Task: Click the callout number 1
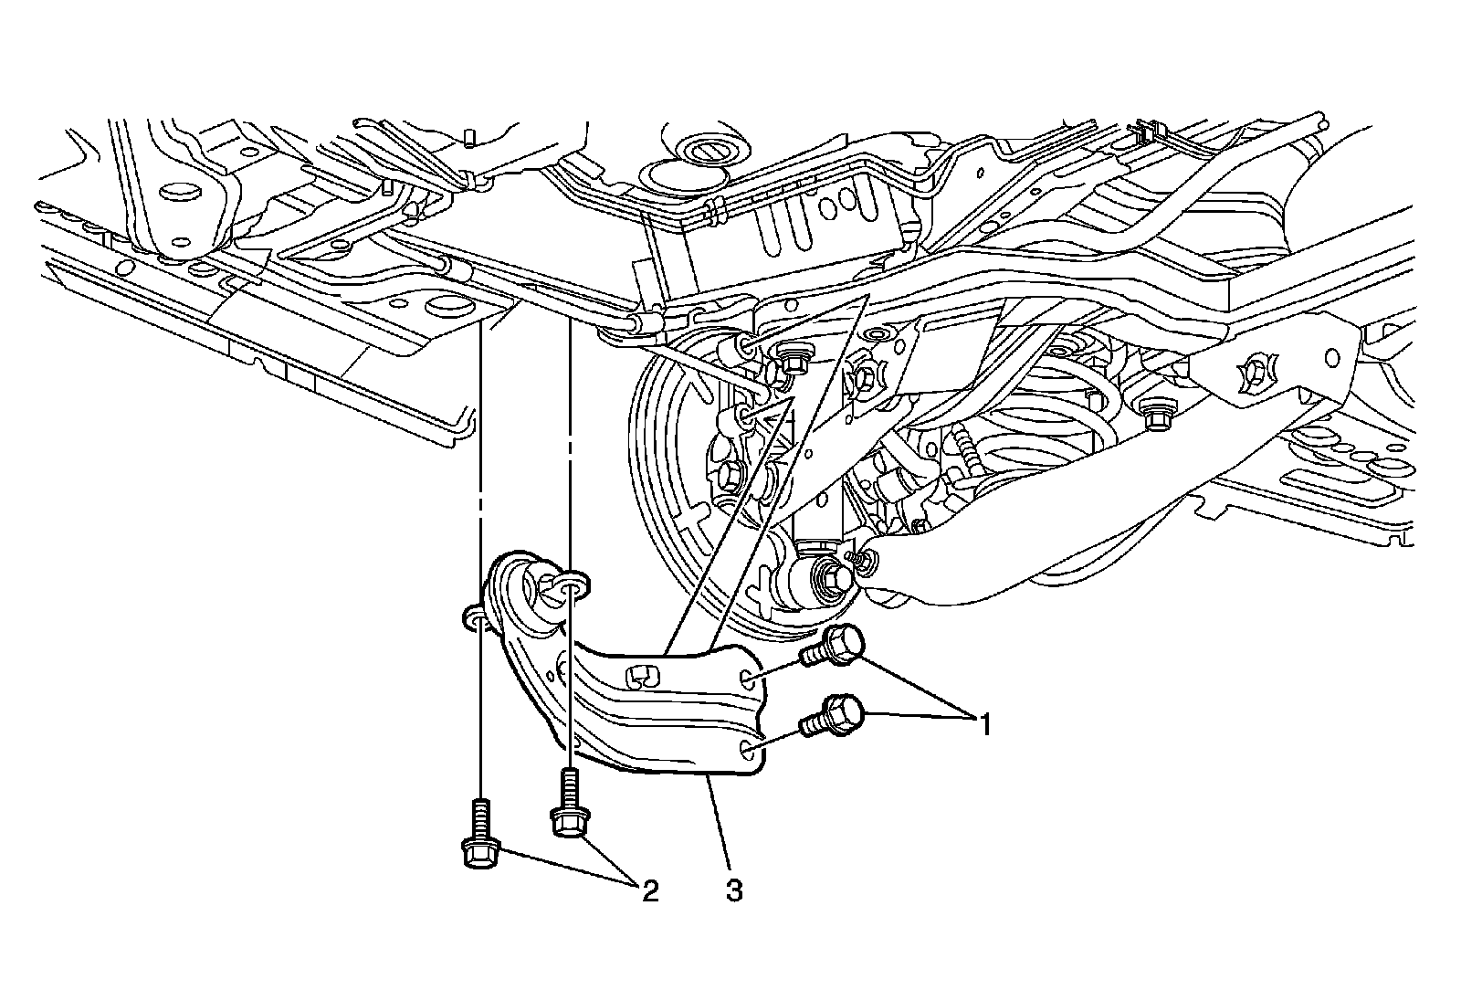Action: click(x=983, y=726)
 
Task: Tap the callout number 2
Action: click(x=649, y=890)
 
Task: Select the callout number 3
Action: click(x=734, y=890)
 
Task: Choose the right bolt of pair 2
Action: click(x=568, y=808)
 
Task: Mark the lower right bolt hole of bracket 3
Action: click(x=748, y=751)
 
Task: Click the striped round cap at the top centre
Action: click(x=706, y=149)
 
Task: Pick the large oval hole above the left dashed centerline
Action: click(x=450, y=304)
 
